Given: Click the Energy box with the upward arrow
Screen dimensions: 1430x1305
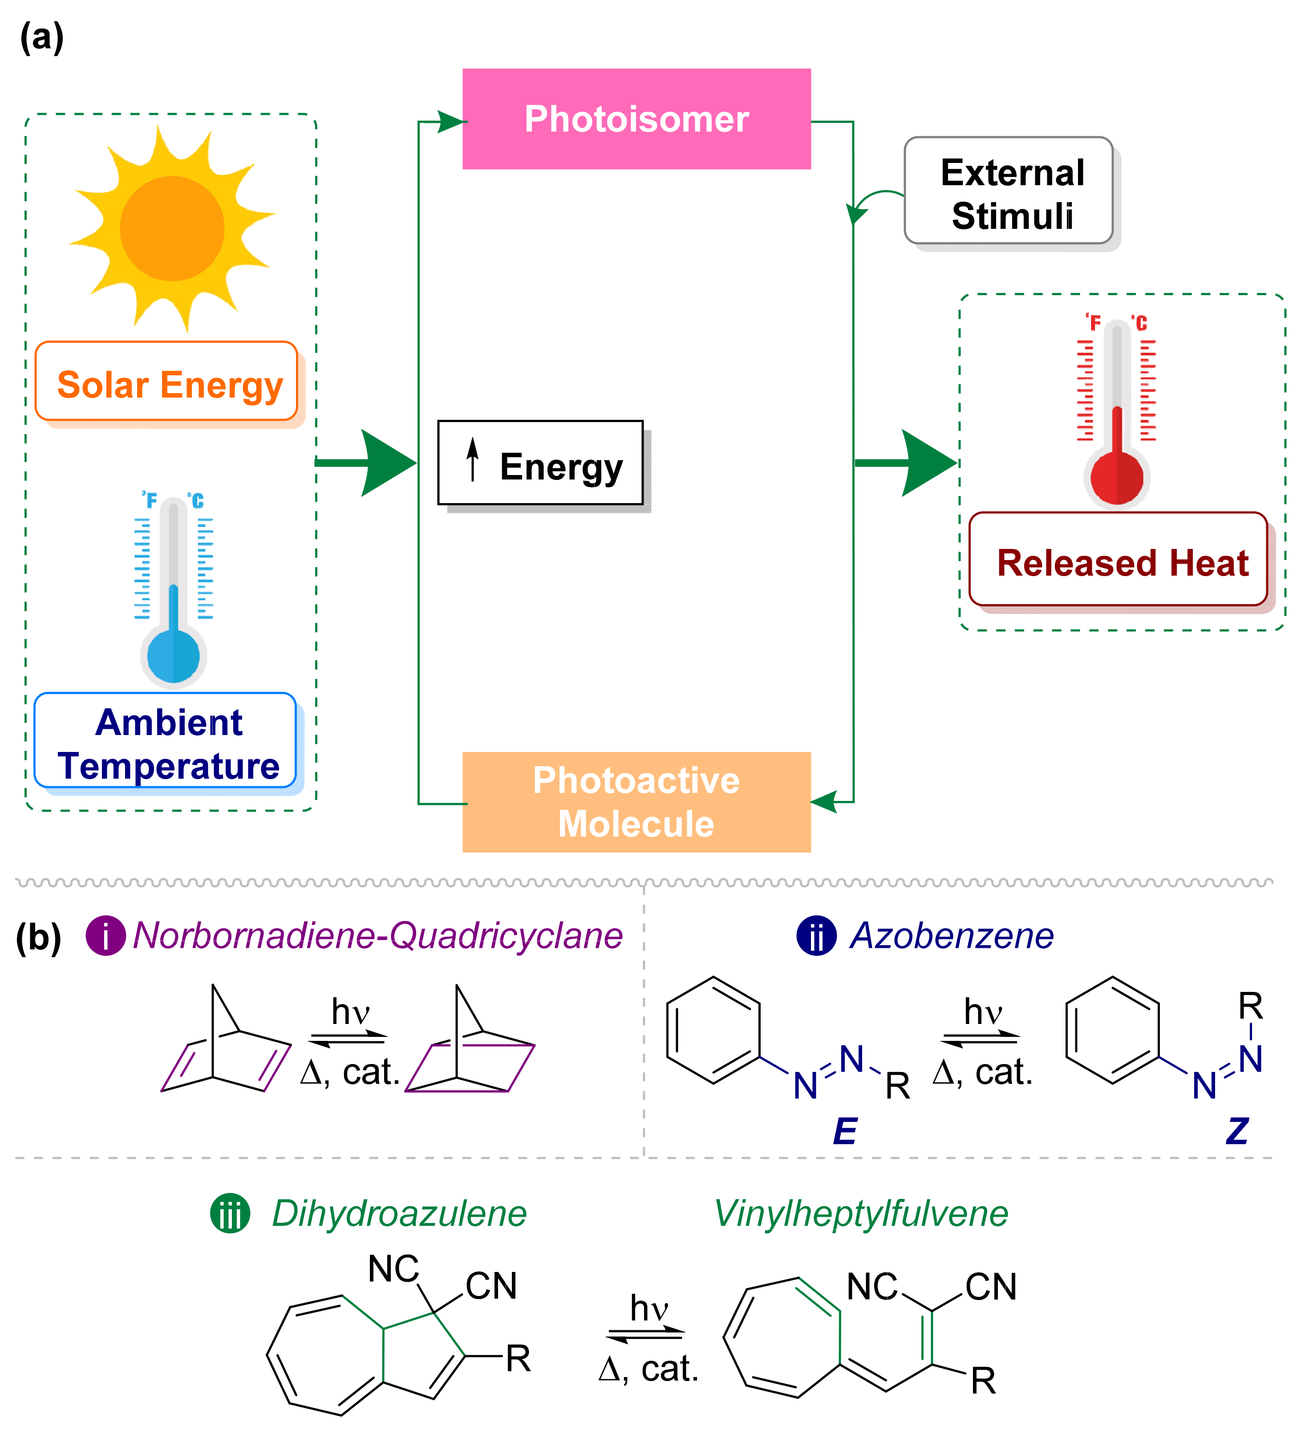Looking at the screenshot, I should [x=540, y=463].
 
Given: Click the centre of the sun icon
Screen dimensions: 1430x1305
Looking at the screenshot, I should [x=172, y=228].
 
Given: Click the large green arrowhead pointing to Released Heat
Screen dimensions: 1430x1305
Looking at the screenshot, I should [x=925, y=463].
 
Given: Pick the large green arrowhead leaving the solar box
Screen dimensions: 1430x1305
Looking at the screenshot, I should [x=385, y=463].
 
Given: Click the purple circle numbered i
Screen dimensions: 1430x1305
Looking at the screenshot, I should [x=105, y=936].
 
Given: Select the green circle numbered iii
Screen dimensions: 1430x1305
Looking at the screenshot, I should [x=230, y=1214].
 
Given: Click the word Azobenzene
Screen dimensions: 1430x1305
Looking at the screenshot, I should [x=952, y=936].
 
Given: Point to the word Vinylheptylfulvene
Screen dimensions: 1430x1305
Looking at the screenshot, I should [x=860, y=1214].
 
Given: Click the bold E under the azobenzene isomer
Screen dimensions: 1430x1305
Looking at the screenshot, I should [x=845, y=1131].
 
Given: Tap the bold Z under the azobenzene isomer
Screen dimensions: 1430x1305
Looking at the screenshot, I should [x=1237, y=1131].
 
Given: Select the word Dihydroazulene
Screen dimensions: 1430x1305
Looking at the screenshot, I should [x=399, y=1214].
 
